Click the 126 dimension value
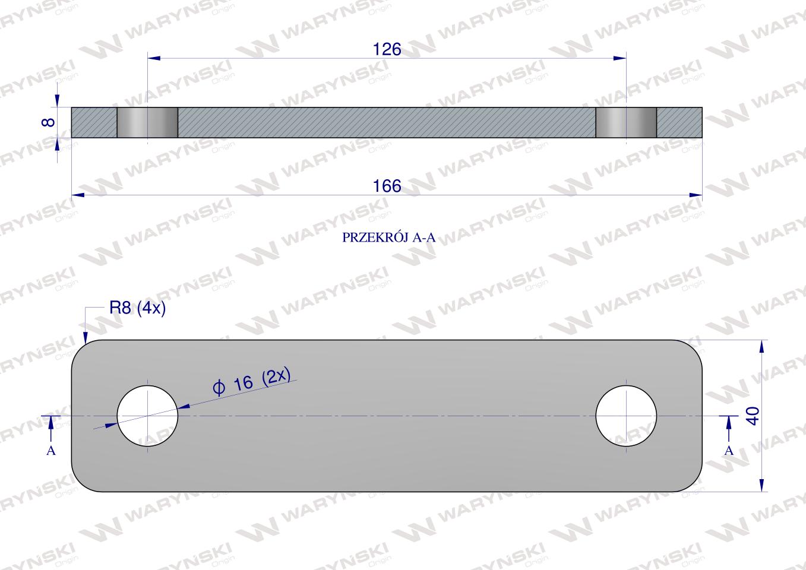(387, 49)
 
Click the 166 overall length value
(387, 186)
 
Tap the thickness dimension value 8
(48, 122)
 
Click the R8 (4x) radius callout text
(137, 308)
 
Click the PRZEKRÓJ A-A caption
(388, 237)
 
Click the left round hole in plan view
(147, 416)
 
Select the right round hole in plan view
(626, 416)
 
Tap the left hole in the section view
(147, 122)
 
